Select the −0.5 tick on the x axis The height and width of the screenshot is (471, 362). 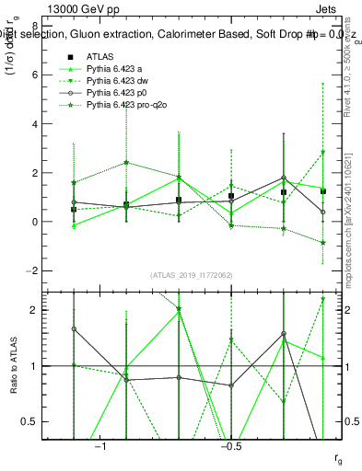[x=230, y=447]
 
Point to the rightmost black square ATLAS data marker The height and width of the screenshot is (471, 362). [x=324, y=190]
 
